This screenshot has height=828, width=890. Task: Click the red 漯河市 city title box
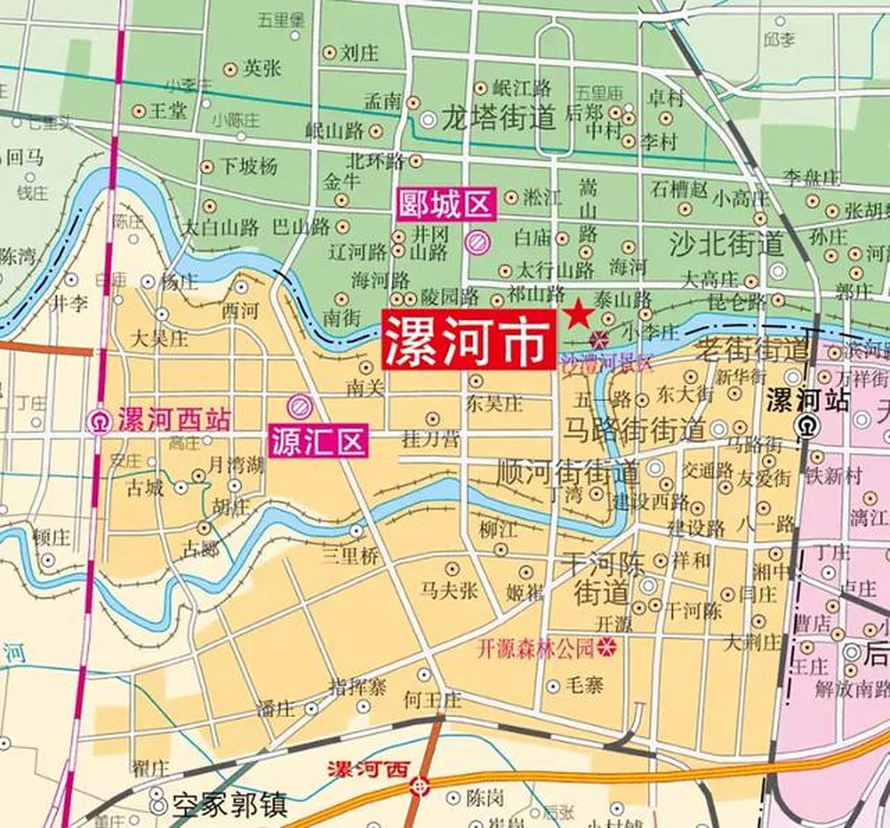pyautogui.click(x=468, y=340)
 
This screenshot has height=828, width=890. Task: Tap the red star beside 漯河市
pyautogui.click(x=578, y=314)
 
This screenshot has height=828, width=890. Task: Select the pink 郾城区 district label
pyautogui.click(x=446, y=204)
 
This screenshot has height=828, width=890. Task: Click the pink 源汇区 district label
pyautogui.click(x=319, y=441)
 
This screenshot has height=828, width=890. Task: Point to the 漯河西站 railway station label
pyautogui.click(x=174, y=420)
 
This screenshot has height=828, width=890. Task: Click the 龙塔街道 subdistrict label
pyautogui.click(x=498, y=118)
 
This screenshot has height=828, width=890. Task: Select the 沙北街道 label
pyautogui.click(x=726, y=244)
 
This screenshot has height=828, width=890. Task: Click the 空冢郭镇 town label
pyautogui.click(x=229, y=805)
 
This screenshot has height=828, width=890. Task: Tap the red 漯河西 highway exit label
pyautogui.click(x=369, y=770)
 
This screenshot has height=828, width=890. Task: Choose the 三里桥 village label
pyautogui.click(x=350, y=555)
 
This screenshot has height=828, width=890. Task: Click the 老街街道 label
pyautogui.click(x=752, y=351)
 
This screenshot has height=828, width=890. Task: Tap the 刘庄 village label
pyautogui.click(x=359, y=52)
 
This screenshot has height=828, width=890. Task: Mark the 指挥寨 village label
pyautogui.click(x=358, y=686)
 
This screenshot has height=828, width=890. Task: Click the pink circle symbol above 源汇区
pyautogui.click(x=300, y=406)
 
